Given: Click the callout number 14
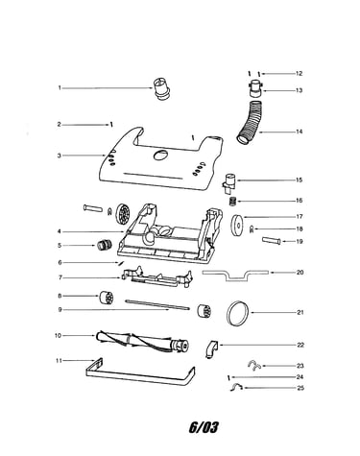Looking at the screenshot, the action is point(299,132).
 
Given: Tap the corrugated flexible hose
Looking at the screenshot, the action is point(252,122).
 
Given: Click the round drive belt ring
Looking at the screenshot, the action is point(238,313).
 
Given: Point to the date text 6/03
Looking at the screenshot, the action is point(204,427).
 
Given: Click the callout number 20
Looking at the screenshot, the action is point(300,273).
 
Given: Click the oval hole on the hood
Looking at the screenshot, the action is point(160,156).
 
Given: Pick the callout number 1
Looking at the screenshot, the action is point(60,87).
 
